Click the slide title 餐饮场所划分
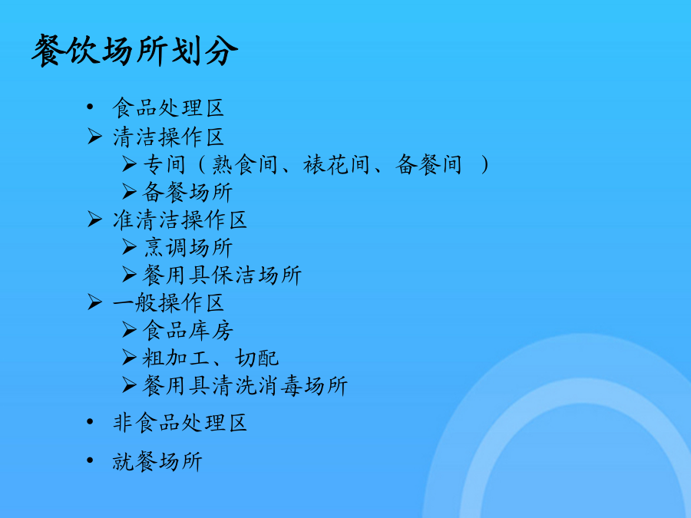pyautogui.click(x=135, y=51)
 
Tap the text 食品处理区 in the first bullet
pyautogui.click(x=168, y=108)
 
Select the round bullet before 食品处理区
pyautogui.click(x=91, y=107)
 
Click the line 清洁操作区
pyautogui.click(x=168, y=137)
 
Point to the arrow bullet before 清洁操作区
pyautogui.click(x=94, y=136)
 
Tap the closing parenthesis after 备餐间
pyautogui.click(x=484, y=165)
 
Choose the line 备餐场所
pyautogui.click(x=188, y=192)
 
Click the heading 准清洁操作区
pyautogui.click(x=180, y=219)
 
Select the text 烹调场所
pyautogui.click(x=188, y=248)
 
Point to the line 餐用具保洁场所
pyautogui.click(x=222, y=275)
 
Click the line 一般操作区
pyautogui.click(x=168, y=303)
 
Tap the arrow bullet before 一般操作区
pyautogui.click(x=94, y=302)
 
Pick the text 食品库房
pyautogui.click(x=188, y=331)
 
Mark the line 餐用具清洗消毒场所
pyautogui.click(x=245, y=386)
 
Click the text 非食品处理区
pyautogui.click(x=180, y=423)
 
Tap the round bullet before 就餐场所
pyautogui.click(x=91, y=460)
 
